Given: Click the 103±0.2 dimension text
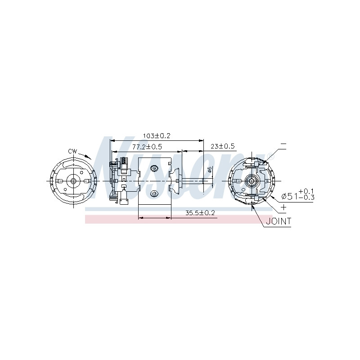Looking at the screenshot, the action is tap(157, 136).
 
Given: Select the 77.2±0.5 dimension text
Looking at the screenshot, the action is tap(147, 147).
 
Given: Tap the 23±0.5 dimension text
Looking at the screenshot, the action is tap(223, 146).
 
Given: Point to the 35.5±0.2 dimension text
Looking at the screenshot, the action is tap(200, 213).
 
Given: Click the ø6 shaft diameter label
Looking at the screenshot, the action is tap(209, 170).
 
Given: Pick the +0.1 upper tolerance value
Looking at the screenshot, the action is tap(306, 191).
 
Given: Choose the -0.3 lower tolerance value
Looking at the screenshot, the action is tap(306, 197).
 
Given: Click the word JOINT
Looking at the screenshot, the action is tap(279, 221).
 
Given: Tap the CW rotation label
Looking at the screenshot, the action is tap(72, 151).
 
